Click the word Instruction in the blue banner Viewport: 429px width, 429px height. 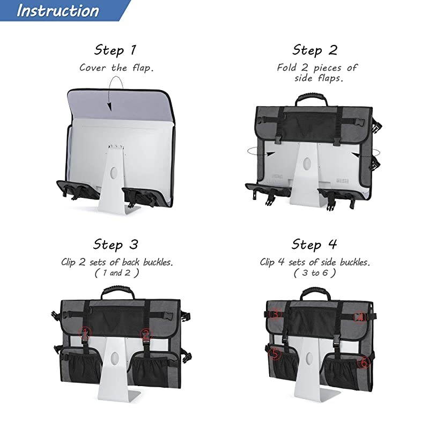point(58,11)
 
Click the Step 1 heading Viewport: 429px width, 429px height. point(115,50)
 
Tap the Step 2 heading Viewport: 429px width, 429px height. point(315,50)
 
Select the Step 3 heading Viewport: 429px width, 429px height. point(115,245)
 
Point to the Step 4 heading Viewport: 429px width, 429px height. point(314,245)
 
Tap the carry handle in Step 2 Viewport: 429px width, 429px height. point(311,99)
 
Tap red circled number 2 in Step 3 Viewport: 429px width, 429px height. point(146,334)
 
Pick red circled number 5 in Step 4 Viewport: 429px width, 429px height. point(276,354)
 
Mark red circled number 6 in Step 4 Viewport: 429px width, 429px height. point(364,363)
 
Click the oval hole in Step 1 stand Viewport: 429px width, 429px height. point(114,173)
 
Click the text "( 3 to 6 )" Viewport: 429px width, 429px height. point(315,273)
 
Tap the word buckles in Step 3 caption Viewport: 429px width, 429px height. point(158,262)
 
